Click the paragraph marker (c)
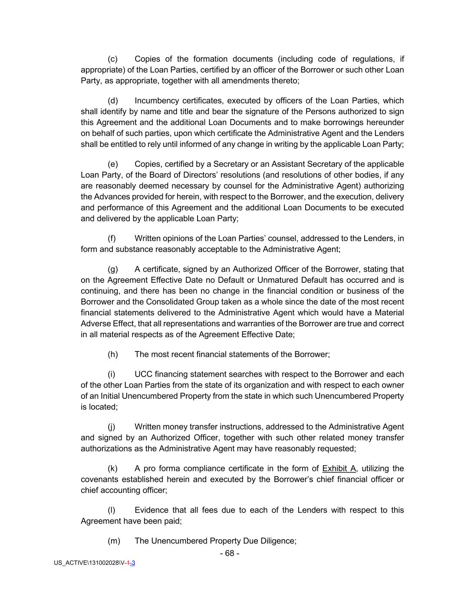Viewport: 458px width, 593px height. [x=113, y=59]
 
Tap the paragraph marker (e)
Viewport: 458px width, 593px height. [x=113, y=164]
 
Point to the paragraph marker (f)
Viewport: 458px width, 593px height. [x=112, y=239]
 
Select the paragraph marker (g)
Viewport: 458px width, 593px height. [x=113, y=269]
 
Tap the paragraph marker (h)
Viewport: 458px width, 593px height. [x=113, y=354]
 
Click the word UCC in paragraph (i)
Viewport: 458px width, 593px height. [x=143, y=374]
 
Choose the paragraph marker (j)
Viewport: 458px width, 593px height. [x=112, y=427]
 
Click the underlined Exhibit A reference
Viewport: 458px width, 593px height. [x=339, y=469]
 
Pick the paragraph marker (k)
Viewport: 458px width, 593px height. [x=113, y=469]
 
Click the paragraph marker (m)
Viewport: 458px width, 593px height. [x=114, y=541]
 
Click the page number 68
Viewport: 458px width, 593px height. [x=230, y=553]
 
